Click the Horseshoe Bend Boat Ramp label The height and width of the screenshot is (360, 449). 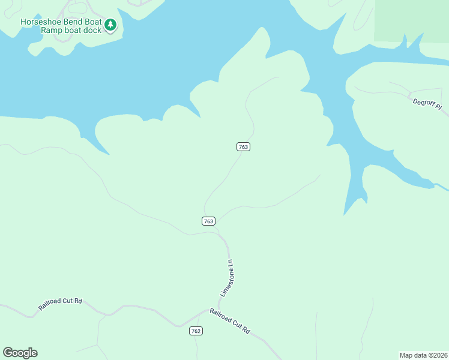click(61, 25)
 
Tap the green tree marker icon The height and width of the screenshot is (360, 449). click(110, 25)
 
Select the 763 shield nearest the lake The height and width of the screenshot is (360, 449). click(243, 147)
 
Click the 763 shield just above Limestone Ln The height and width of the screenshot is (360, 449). click(208, 221)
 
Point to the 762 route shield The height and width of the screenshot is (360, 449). click(196, 331)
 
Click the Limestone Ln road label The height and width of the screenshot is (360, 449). click(226, 277)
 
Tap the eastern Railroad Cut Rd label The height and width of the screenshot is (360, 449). click(229, 322)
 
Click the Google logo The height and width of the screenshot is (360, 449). click(20, 353)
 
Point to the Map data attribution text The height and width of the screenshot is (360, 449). click(423, 355)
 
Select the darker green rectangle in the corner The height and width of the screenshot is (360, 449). click(411, 20)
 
